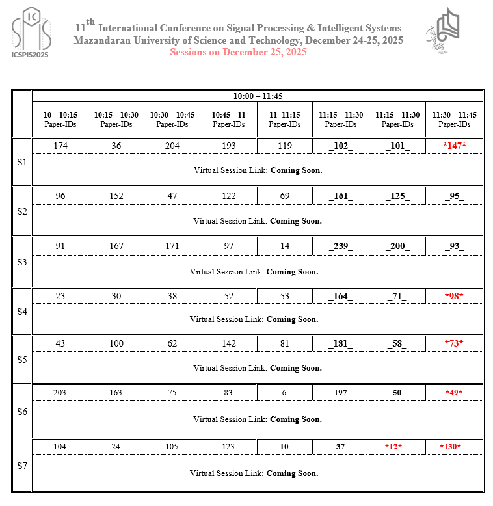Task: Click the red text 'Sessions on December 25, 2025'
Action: [238, 52]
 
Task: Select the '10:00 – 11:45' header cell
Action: [258, 96]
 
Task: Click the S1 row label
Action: [21, 162]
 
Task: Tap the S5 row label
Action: [21, 359]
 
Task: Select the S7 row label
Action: [21, 466]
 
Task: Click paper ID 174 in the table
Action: [60, 146]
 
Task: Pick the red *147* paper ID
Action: [455, 146]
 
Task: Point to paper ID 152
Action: [116, 195]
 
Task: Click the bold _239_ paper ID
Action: [341, 246]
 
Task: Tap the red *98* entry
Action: [455, 296]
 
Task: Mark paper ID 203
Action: [60, 392]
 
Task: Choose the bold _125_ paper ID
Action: [397, 195]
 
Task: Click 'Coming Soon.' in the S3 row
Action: [292, 271]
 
